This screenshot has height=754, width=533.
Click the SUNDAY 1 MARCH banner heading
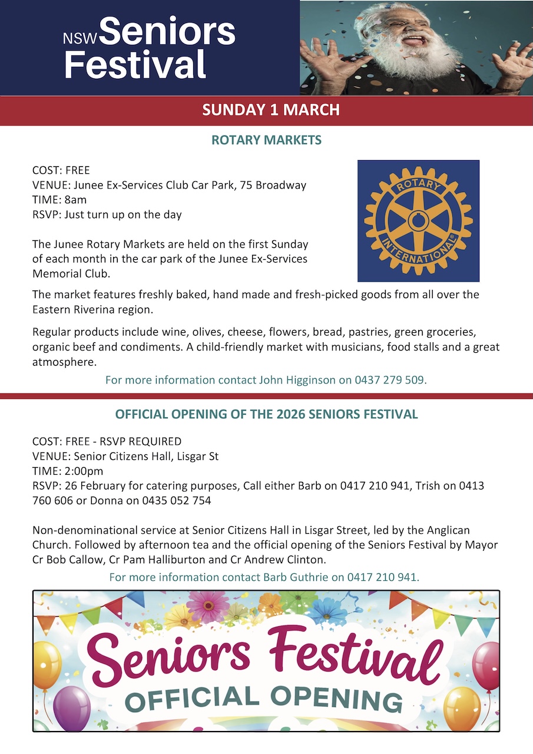270,110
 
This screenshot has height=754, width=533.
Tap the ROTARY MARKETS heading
266,140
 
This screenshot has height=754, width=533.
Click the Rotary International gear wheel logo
418,221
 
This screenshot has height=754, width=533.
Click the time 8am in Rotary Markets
75,200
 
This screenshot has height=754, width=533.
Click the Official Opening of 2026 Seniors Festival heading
266,414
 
